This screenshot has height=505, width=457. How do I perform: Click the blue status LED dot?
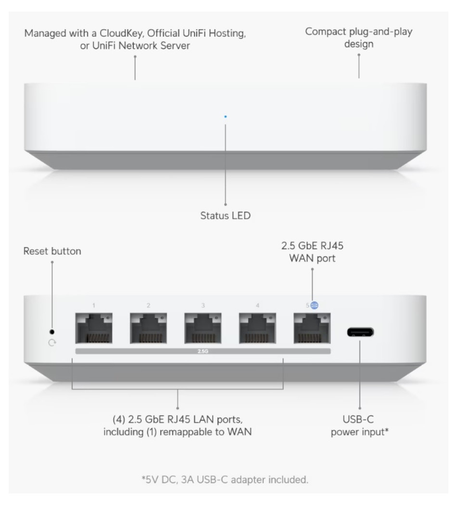(226, 116)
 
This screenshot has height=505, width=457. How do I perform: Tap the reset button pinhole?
(52, 332)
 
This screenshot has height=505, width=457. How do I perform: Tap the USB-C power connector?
(360, 332)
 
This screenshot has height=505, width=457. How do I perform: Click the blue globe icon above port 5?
(315, 305)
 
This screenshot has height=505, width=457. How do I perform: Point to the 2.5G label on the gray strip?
(203, 352)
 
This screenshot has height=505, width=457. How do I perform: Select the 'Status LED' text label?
(225, 216)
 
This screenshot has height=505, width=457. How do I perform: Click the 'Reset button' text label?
(52, 251)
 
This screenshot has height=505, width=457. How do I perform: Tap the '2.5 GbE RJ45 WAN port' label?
(312, 252)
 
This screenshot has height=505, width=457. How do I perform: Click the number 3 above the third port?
(203, 305)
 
